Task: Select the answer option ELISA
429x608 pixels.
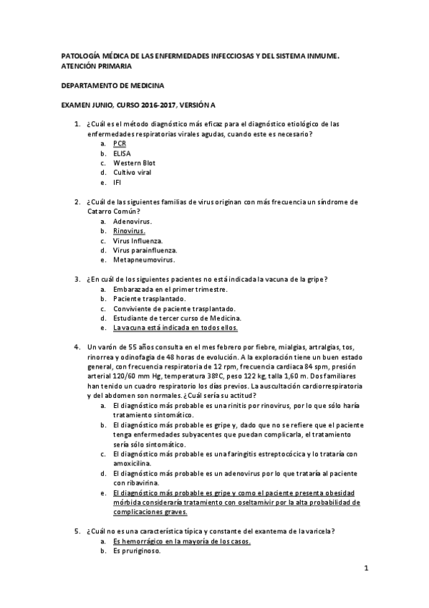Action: (x=121, y=153)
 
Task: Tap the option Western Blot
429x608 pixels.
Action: (x=134, y=163)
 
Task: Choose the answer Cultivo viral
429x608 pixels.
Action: (x=132, y=173)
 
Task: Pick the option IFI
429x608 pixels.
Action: (x=117, y=182)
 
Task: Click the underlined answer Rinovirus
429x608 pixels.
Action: (x=129, y=231)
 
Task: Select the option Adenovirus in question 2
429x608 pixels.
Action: (x=132, y=222)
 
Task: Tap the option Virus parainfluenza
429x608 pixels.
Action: (x=145, y=250)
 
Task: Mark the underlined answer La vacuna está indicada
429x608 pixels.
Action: (x=175, y=327)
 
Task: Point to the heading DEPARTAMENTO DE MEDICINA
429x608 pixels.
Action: (x=112, y=85)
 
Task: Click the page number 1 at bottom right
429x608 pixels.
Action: (x=365, y=569)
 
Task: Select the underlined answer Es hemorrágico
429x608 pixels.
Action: (x=181, y=541)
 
